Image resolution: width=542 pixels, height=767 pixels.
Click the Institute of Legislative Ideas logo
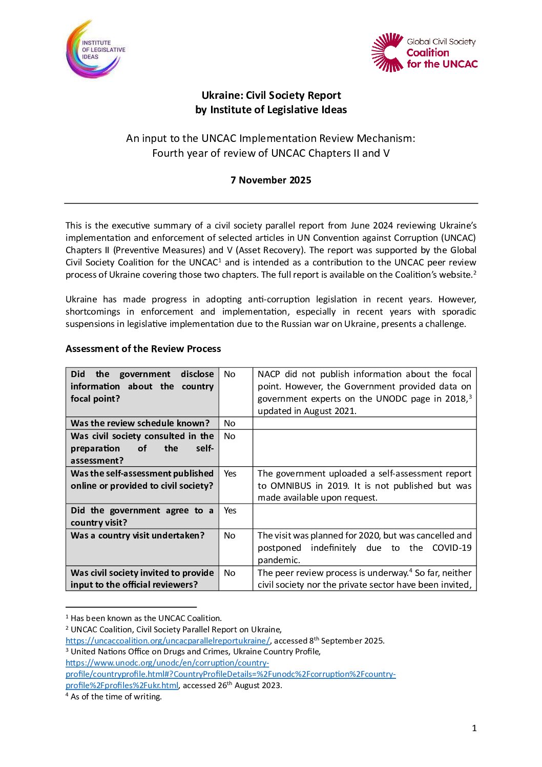click(95, 49)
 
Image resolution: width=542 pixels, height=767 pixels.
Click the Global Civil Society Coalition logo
click(424, 52)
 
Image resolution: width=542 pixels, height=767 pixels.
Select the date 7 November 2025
click(270, 180)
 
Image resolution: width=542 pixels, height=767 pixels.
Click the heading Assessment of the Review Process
click(143, 348)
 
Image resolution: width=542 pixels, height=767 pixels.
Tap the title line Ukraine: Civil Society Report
click(271, 95)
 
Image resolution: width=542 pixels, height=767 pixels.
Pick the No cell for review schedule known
click(230, 423)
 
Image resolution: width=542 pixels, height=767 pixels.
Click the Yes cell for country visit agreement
click(230, 510)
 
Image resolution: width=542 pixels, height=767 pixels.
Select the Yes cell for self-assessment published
click(230, 473)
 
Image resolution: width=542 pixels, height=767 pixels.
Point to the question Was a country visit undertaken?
click(137, 535)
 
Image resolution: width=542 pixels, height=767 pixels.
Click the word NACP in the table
click(269, 374)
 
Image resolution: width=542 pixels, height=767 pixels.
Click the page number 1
click(474, 728)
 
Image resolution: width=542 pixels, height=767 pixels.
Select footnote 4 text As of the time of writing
click(116, 697)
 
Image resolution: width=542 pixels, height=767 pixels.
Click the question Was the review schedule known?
click(140, 423)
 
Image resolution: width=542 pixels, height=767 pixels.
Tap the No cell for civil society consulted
click(230, 436)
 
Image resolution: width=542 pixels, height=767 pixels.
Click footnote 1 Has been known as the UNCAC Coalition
click(145, 618)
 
